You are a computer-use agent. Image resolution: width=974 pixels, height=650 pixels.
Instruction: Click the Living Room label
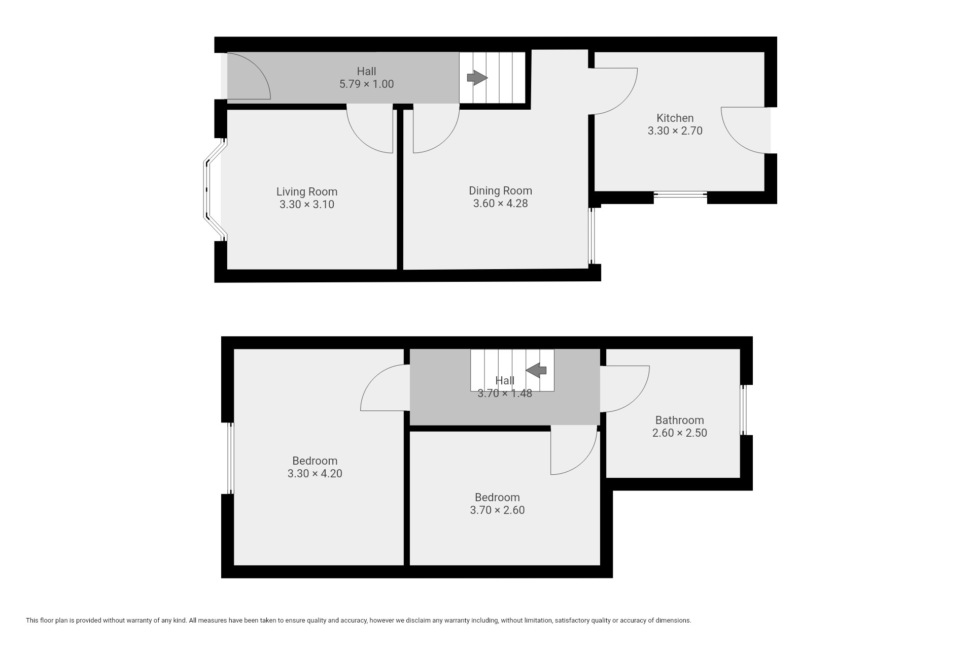click(307, 192)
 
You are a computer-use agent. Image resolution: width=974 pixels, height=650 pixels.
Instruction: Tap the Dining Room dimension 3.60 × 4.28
click(500, 204)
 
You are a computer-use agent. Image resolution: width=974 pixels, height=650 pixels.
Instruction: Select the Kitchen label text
click(675, 118)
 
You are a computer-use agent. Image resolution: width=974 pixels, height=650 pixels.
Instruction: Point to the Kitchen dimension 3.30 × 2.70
click(675, 131)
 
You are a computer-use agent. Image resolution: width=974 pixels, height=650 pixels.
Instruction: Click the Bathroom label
click(679, 420)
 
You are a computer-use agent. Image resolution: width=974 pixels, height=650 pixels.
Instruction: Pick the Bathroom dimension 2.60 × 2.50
click(679, 433)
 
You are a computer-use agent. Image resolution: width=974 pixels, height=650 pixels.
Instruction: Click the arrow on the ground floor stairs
click(477, 78)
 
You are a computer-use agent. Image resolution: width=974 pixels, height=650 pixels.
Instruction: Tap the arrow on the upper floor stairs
click(536, 370)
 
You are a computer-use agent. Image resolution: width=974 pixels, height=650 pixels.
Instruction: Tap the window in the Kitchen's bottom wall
click(680, 194)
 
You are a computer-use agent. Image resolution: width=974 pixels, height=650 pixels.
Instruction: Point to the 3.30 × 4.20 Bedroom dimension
click(315, 474)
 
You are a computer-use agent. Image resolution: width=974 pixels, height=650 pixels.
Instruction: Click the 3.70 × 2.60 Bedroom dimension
click(497, 510)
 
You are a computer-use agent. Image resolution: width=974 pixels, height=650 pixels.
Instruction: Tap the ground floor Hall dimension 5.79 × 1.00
click(366, 84)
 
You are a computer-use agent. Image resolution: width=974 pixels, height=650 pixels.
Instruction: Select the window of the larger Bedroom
click(230, 458)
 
